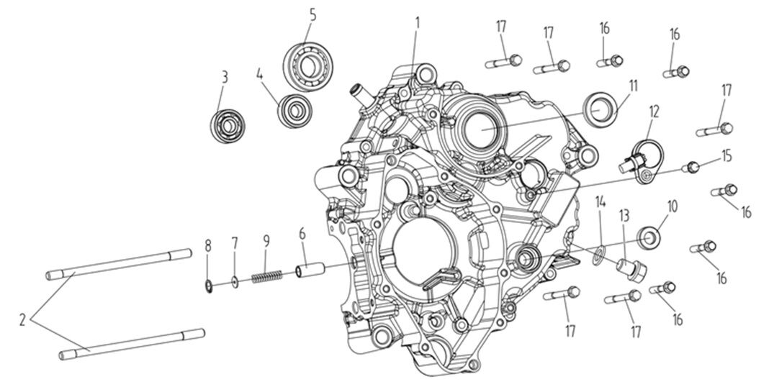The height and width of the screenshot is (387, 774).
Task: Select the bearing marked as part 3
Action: pyautogui.click(x=228, y=125)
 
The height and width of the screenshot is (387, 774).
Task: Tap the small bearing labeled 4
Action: pyautogui.click(x=294, y=110)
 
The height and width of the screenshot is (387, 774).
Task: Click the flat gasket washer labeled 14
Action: pyautogui.click(x=596, y=252)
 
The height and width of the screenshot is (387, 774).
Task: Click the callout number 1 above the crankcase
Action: pyautogui.click(x=416, y=22)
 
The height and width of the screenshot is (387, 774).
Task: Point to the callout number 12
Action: pyautogui.click(x=653, y=111)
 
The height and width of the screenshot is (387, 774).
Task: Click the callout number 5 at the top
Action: pyautogui.click(x=312, y=14)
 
